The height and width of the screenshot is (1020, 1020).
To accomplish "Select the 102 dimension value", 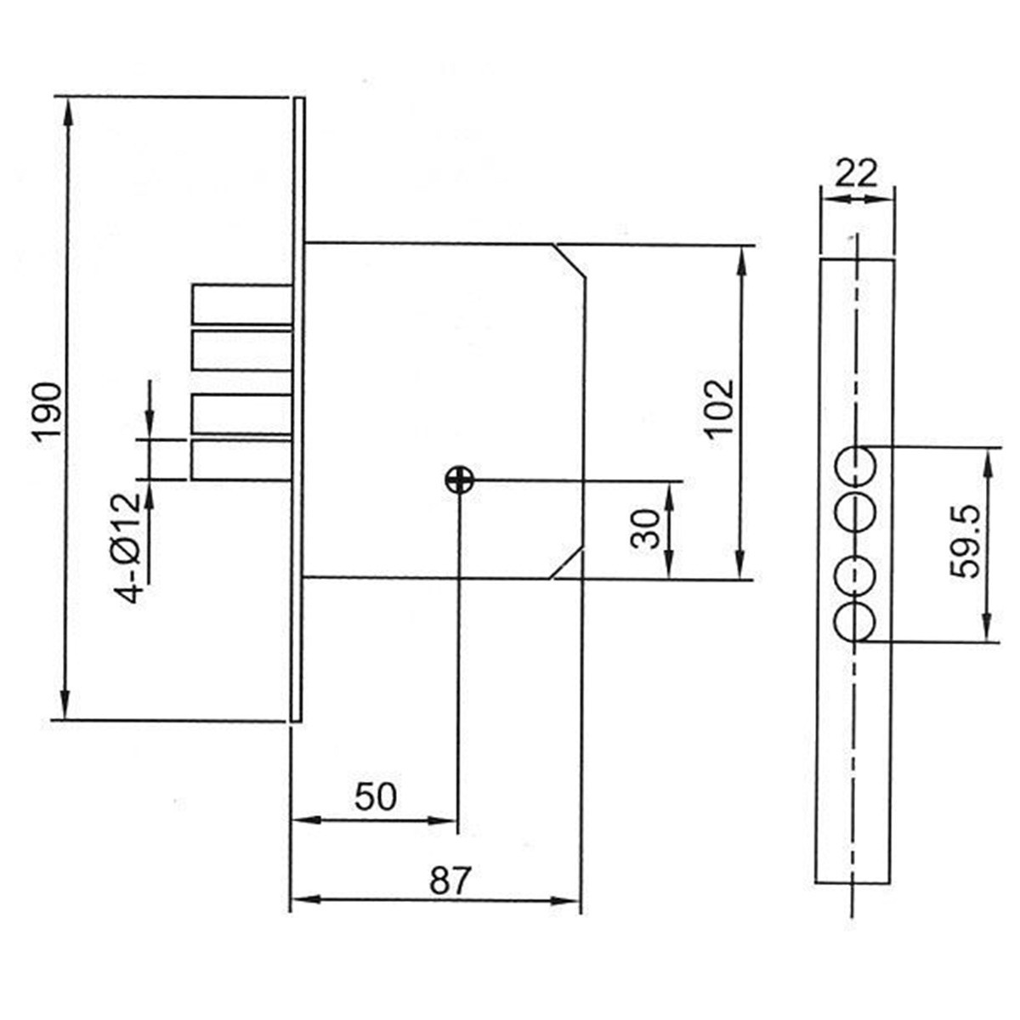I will pos(719,406).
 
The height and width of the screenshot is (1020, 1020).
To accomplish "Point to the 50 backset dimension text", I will pos(375,797).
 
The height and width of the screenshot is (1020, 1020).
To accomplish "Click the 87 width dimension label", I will pos(449,881).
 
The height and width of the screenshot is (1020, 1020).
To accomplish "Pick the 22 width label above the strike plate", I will pos(856,174).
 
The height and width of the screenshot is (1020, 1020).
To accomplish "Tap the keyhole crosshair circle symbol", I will pos(459,480).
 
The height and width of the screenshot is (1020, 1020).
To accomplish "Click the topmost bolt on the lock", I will pos(242,304).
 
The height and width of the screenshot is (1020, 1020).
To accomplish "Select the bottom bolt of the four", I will pos(242,460).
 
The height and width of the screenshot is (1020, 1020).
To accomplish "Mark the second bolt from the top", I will pos(242,350).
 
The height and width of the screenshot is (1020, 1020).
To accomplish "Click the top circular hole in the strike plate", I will pos(856,464).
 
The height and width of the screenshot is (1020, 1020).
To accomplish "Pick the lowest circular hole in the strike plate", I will pos(856,622).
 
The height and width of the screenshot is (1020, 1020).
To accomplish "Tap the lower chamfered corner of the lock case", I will pos(568,564).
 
